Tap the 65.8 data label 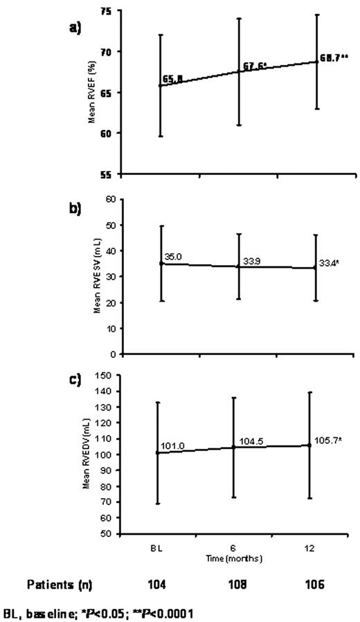coord(172,80)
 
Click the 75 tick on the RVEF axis coord(105,12)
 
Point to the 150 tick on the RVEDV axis coord(102,376)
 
